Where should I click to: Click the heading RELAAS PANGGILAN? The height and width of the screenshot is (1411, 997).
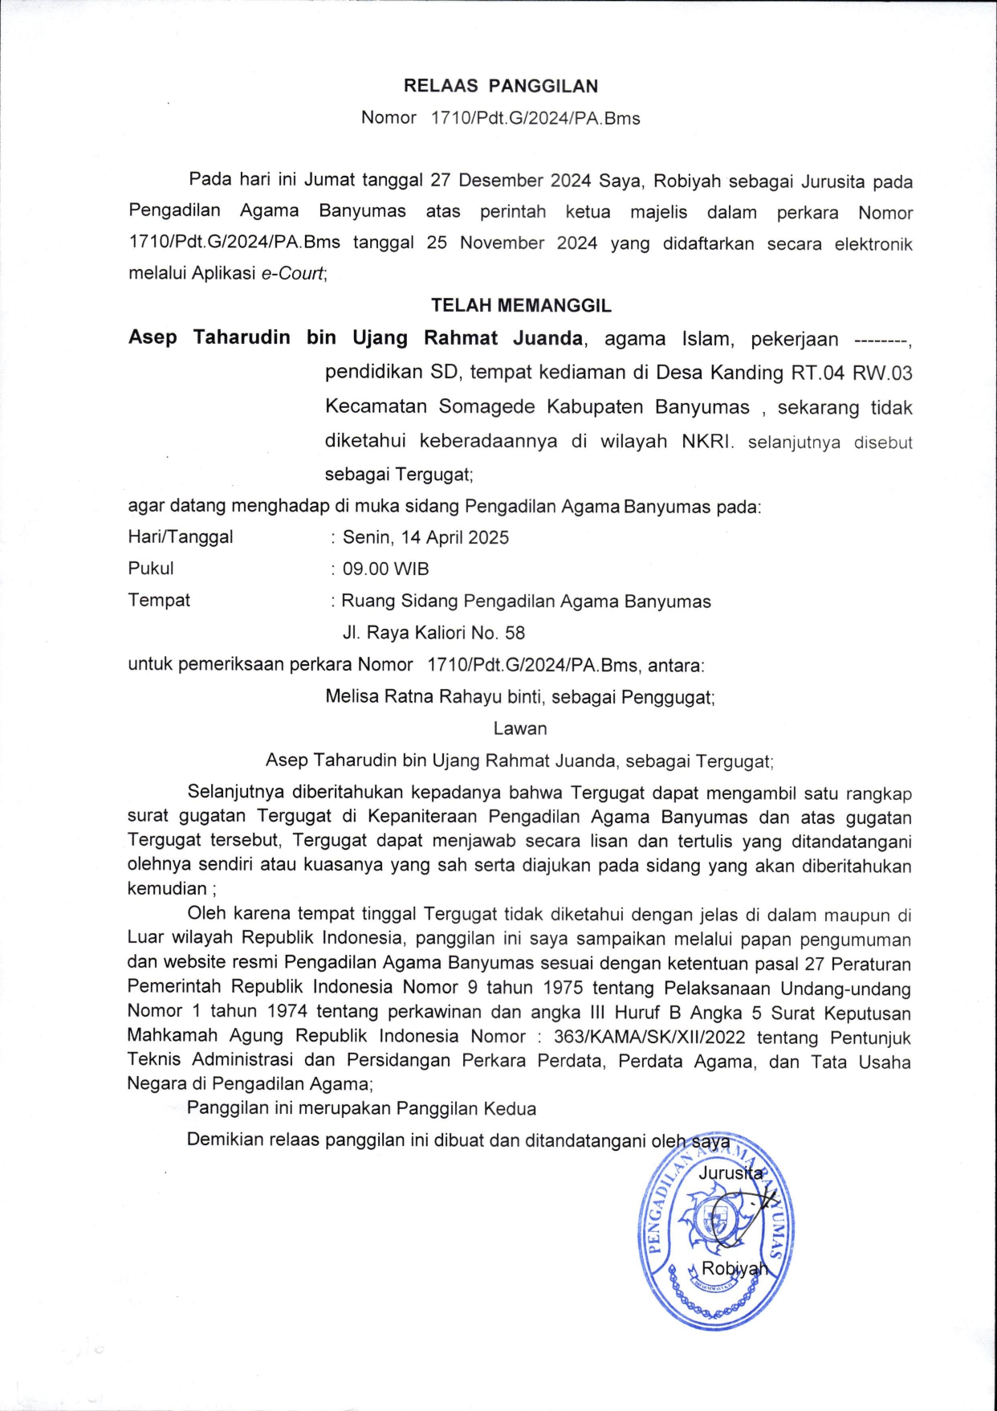click(x=500, y=86)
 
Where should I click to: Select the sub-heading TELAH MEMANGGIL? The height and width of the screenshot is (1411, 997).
click(x=521, y=305)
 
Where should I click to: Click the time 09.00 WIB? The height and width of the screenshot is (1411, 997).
click(x=386, y=569)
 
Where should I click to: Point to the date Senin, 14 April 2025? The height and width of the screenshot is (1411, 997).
click(x=425, y=537)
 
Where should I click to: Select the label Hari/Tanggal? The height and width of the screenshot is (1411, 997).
click(x=181, y=536)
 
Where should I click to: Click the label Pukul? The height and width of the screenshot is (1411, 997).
click(x=151, y=568)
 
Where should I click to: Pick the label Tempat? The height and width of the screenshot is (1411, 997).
click(x=159, y=600)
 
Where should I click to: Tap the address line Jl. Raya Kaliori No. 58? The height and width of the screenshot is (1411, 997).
click(x=433, y=633)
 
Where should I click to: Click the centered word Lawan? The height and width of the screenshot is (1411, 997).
click(x=520, y=728)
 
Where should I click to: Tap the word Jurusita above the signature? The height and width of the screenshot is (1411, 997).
click(x=730, y=1173)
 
